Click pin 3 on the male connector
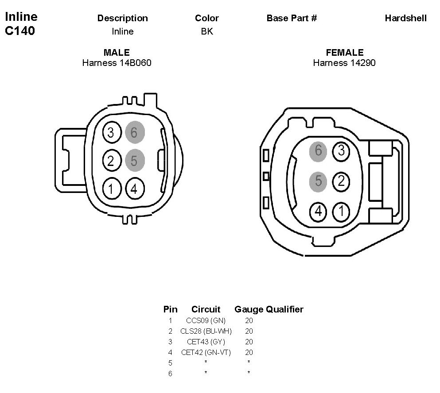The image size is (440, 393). [x=112, y=132]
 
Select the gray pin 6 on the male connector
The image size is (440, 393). [x=135, y=132]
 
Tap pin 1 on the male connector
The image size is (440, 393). [x=112, y=189]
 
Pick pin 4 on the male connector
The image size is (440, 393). [x=135, y=189]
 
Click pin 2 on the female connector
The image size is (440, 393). [x=341, y=181]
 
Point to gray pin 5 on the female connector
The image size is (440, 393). [x=318, y=181]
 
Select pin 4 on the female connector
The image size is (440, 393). [x=318, y=212]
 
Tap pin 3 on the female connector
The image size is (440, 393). [x=341, y=151]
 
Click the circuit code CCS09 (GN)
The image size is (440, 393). [x=206, y=320]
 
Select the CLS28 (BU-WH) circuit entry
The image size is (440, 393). [x=206, y=331]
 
